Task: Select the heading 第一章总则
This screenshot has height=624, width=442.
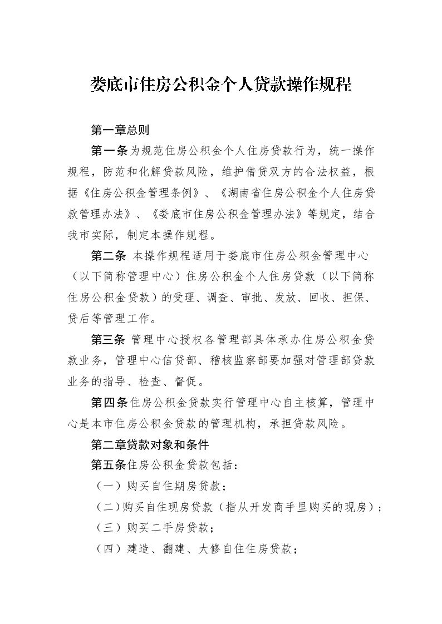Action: click(120, 130)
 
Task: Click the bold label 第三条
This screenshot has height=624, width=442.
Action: click(110, 340)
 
